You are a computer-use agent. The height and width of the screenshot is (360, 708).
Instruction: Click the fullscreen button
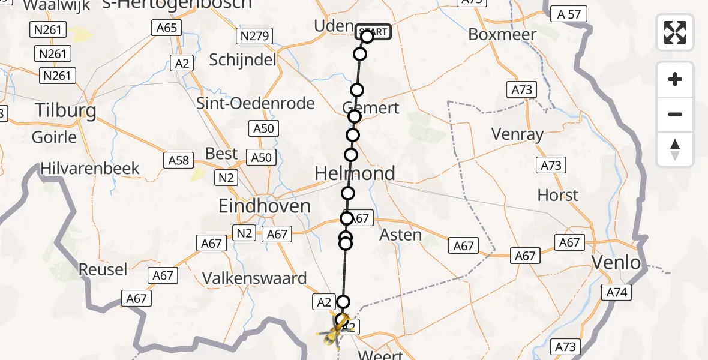[x=675, y=32]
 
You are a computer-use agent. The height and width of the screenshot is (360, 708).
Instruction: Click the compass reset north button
[x=675, y=149]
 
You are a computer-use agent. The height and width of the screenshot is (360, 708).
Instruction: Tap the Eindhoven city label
[x=265, y=207]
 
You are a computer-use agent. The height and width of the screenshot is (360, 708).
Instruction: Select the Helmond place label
[x=355, y=173]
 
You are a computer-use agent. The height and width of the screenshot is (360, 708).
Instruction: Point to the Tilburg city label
[x=66, y=111]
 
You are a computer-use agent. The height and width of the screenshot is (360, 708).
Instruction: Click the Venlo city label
[x=616, y=263]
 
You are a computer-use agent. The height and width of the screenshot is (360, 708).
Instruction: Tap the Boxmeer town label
[x=502, y=35]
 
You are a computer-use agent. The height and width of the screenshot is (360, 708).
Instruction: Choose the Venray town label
[x=517, y=134]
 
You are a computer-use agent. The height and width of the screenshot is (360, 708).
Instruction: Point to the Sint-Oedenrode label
[x=256, y=103]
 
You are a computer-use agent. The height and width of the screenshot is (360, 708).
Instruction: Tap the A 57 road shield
[x=569, y=14]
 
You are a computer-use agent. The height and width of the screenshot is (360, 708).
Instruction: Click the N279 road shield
[x=255, y=36]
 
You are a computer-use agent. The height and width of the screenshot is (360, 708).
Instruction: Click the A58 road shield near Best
[x=178, y=160]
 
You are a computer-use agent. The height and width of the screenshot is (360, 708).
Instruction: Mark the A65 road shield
[x=166, y=28]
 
